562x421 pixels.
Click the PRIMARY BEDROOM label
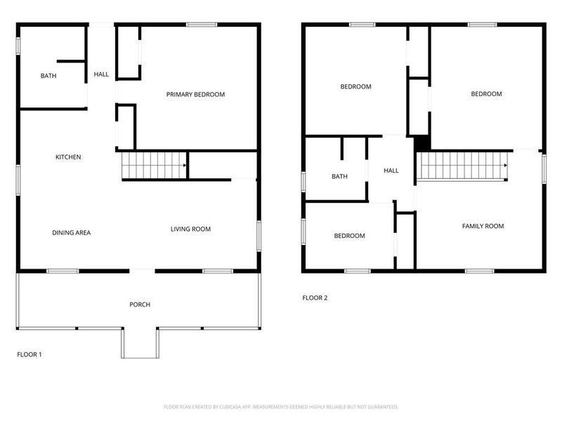pyautogui.click(x=195, y=95)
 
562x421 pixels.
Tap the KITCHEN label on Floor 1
pyautogui.click(x=68, y=157)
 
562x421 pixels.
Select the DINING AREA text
pyautogui.click(x=71, y=233)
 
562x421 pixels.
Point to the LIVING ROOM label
pyautogui.click(x=190, y=229)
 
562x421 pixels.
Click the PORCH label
pyautogui.click(x=140, y=305)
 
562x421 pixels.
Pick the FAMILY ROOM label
pyautogui.click(x=483, y=226)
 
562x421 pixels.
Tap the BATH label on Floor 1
pyautogui.click(x=48, y=76)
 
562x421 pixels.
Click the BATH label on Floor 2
pyautogui.click(x=339, y=177)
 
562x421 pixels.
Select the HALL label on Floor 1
pyautogui.click(x=101, y=74)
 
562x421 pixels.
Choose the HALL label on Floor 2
pyautogui.click(x=391, y=171)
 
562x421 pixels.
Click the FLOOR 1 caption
pyautogui.click(x=30, y=355)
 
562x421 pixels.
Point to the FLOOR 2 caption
pyautogui.click(x=315, y=298)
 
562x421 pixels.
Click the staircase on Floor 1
pyautogui.click(x=153, y=166)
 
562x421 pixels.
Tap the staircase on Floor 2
pyautogui.click(x=463, y=166)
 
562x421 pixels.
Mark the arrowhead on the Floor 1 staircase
pyautogui.click(x=184, y=166)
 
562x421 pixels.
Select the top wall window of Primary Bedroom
pyautogui.click(x=202, y=25)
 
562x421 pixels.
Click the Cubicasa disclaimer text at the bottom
pyautogui.click(x=281, y=407)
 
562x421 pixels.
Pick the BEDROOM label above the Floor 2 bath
pyautogui.click(x=355, y=87)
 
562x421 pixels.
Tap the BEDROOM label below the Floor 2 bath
pyautogui.click(x=349, y=236)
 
